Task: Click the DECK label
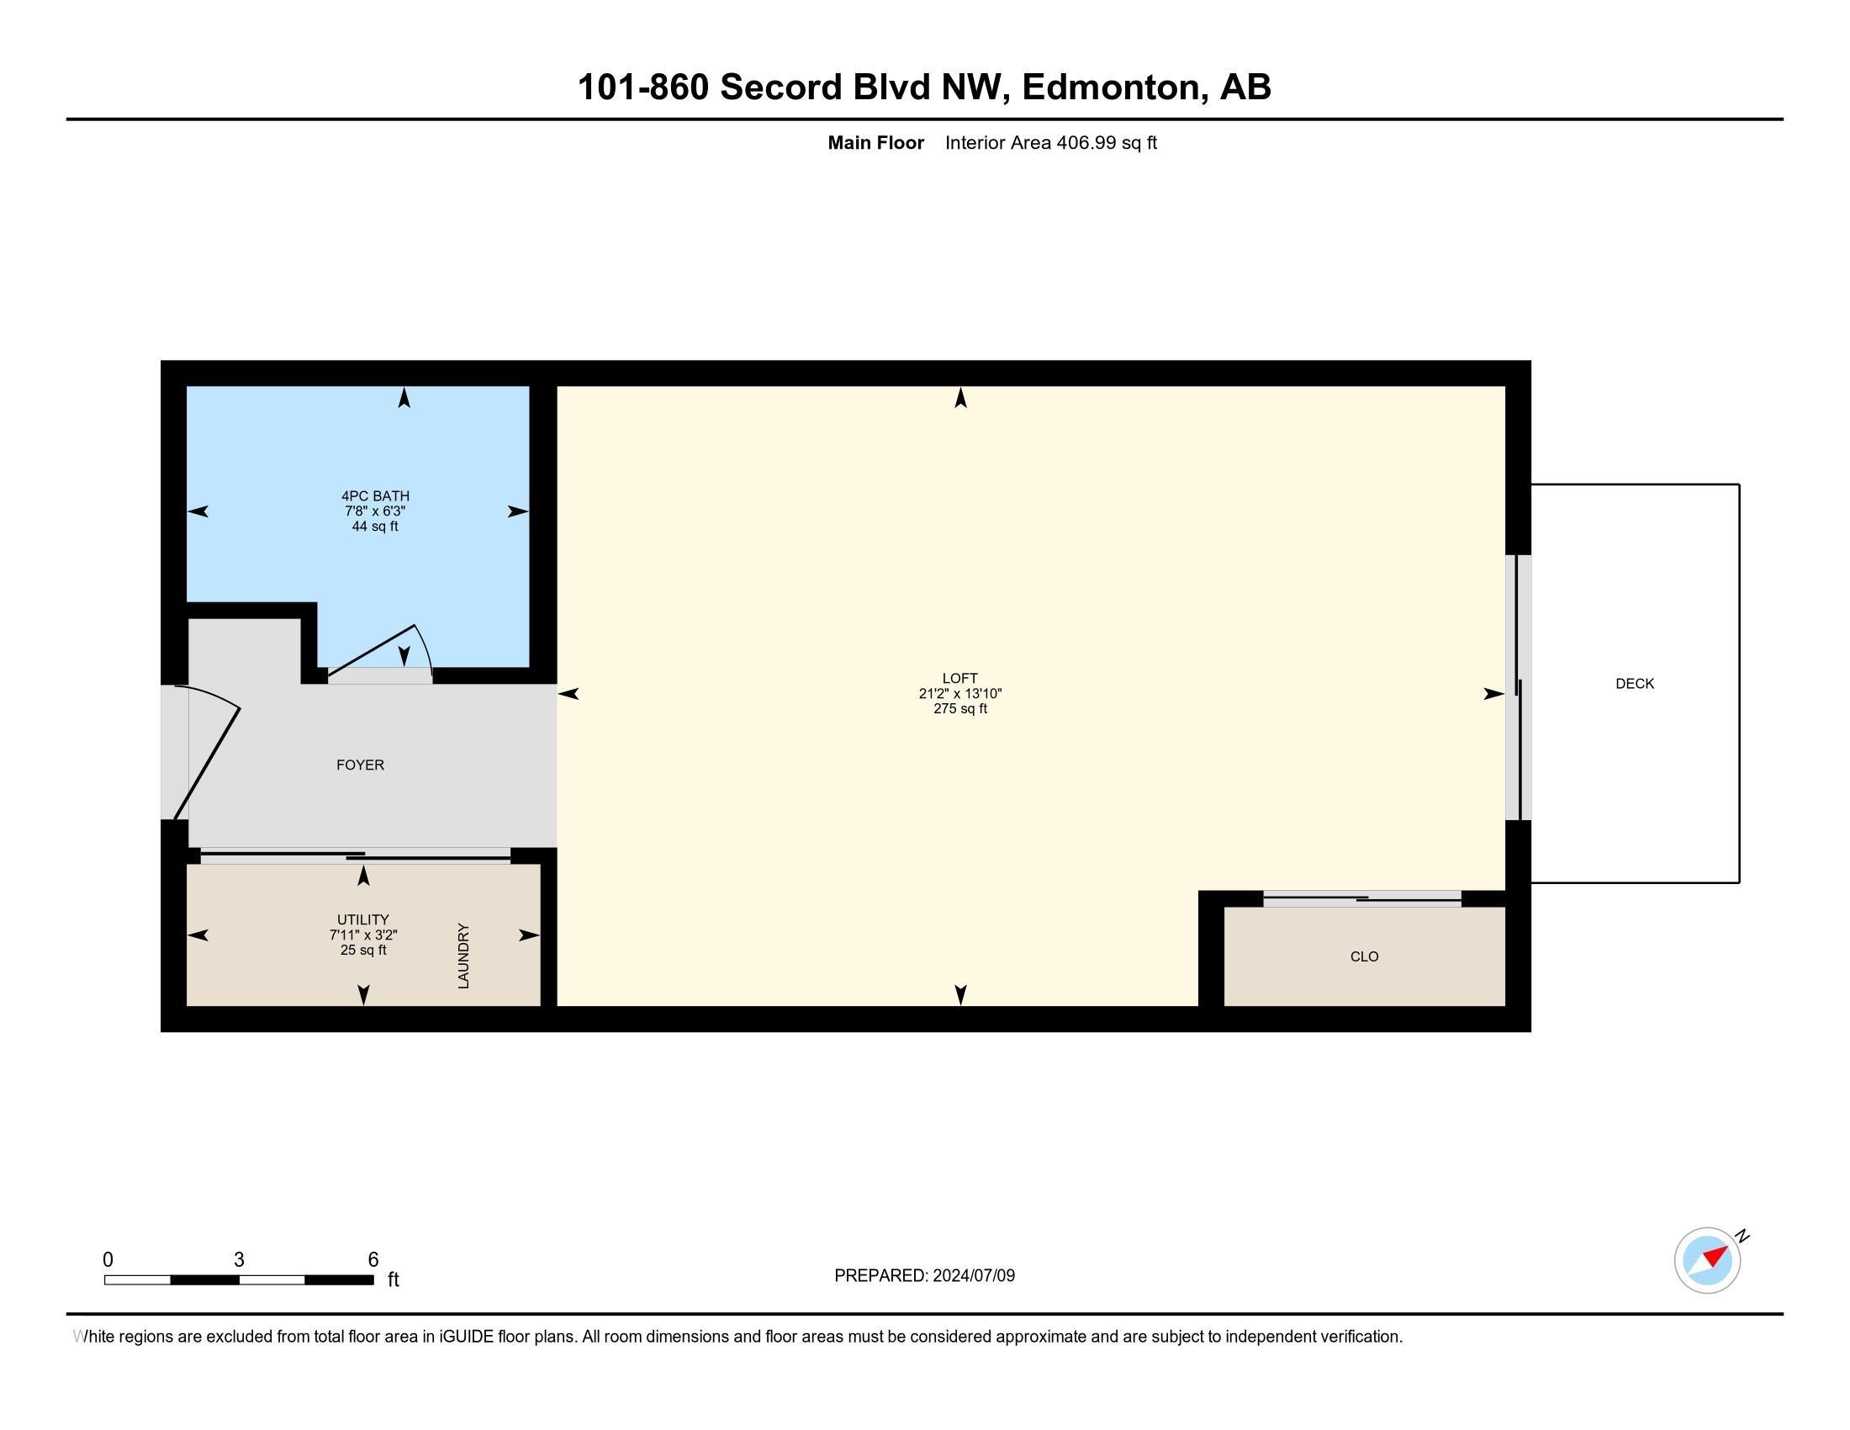coord(1634,684)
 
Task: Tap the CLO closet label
coord(1364,956)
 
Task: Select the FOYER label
coord(360,765)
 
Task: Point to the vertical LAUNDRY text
coord(463,956)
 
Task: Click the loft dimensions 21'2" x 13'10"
coord(959,693)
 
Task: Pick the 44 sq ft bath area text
coord(374,526)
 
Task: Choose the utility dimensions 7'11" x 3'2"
coord(363,935)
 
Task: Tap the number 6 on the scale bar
coord(373,1260)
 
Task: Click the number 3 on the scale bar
coord(239,1260)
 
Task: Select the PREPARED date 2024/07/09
coord(973,1275)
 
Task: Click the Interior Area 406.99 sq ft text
coord(1050,142)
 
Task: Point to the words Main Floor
coord(875,142)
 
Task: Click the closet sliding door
coord(1362,898)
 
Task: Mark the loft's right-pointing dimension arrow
coord(1493,694)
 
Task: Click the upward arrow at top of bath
coord(404,397)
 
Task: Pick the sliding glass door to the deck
coord(1519,687)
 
